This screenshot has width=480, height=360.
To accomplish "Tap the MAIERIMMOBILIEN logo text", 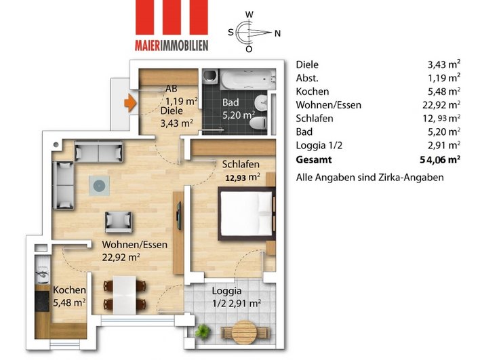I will [x=171, y=45].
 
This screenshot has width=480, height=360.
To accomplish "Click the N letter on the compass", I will [x=277, y=32].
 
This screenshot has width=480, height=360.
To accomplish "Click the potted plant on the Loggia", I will [x=203, y=332].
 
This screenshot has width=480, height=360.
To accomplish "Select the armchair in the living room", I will [x=119, y=222].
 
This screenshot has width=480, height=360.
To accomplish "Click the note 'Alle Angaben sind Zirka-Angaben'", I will [x=369, y=177].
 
